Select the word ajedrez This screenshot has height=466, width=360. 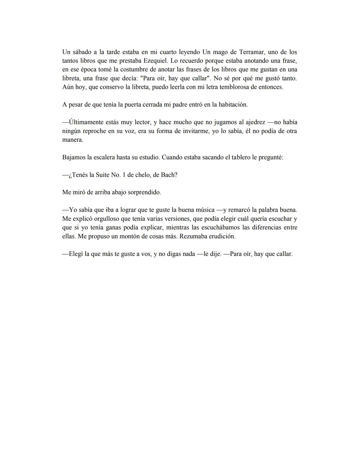[x=253, y=122]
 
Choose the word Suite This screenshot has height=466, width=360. [x=103, y=175]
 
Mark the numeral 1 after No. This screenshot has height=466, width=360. [x=129, y=175]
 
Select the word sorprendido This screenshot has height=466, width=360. [x=145, y=192]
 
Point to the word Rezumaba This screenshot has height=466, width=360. [x=194, y=237]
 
